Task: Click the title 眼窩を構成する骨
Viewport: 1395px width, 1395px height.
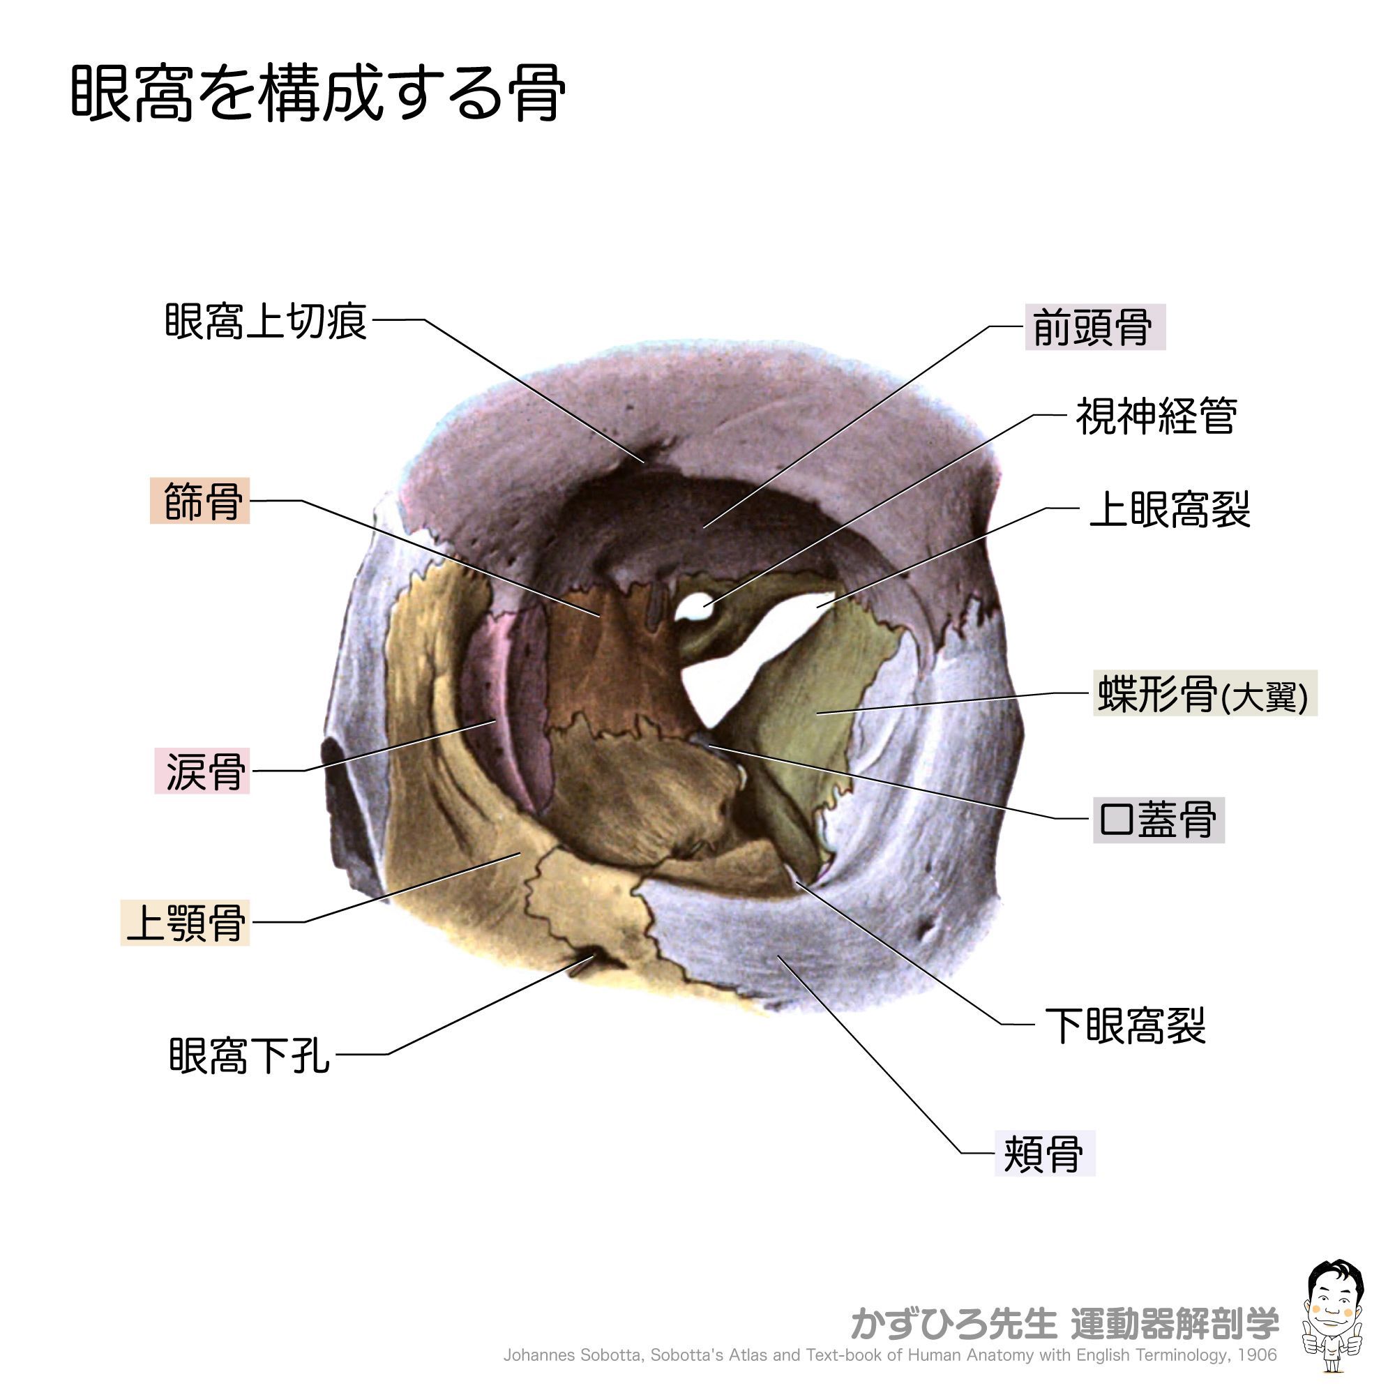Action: [317, 94]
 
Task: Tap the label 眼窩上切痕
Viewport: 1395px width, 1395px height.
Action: [266, 322]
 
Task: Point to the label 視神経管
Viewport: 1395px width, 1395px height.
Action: [1156, 416]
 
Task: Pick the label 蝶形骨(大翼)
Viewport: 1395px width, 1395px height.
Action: [1203, 694]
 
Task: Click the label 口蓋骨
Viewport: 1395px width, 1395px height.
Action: [1157, 820]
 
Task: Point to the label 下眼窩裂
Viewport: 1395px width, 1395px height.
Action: [1125, 1025]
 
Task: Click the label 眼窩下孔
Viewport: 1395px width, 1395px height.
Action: [249, 1055]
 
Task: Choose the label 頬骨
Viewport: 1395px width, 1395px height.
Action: [1044, 1154]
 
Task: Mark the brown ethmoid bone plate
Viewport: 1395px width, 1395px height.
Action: [607, 664]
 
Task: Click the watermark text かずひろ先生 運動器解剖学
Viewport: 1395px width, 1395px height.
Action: [1064, 1322]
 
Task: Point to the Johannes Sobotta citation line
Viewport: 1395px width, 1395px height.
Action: [889, 1355]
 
